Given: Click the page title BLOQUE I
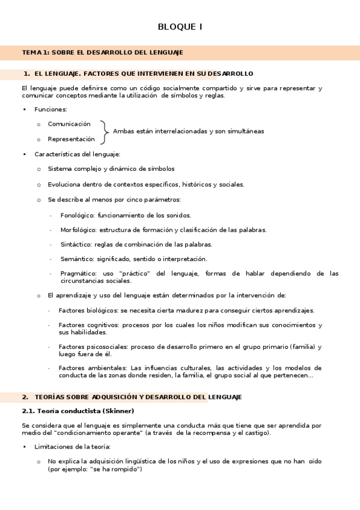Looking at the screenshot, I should [180, 27].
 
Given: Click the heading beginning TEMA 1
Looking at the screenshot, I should [102, 53].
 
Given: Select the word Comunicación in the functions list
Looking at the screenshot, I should [69, 124].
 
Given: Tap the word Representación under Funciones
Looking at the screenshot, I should [71, 139].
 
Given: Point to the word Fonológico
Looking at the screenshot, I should [76, 215].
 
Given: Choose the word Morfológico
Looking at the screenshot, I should [78, 230].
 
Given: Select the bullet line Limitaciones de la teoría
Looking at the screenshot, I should [73, 447].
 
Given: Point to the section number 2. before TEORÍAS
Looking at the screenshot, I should [25, 397].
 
